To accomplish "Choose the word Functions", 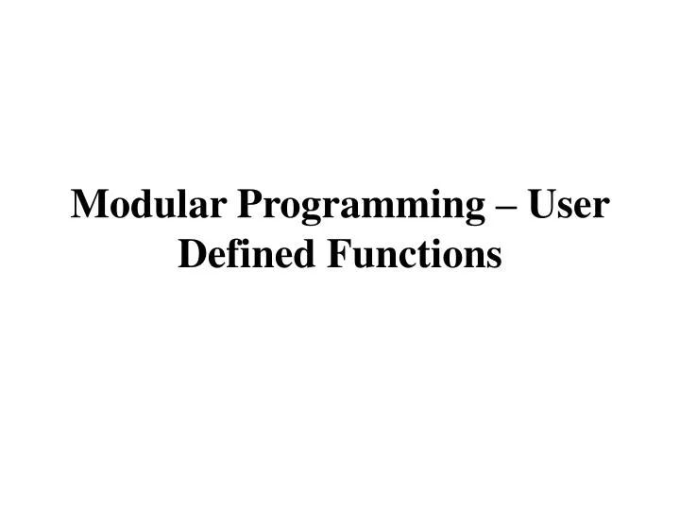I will click(413, 253).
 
